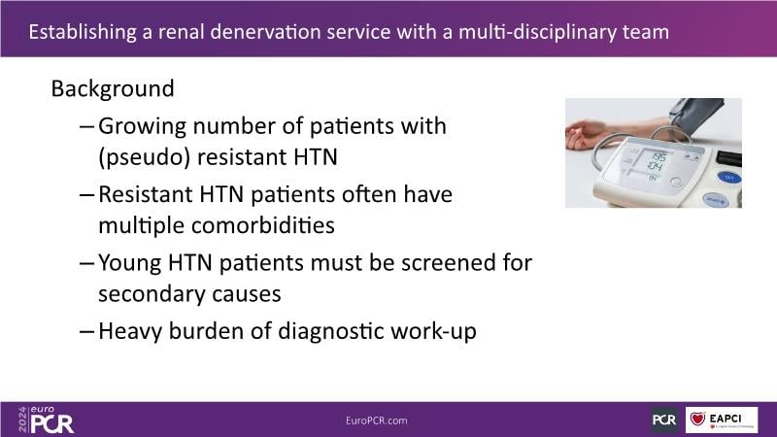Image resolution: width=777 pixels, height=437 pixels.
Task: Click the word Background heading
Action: point(113,89)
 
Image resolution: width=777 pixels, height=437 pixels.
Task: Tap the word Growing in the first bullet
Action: point(142,127)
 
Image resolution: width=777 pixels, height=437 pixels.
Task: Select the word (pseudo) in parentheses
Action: point(144,158)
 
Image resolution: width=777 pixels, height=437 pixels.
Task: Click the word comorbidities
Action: point(262,225)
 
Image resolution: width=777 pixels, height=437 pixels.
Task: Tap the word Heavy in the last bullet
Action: point(130,331)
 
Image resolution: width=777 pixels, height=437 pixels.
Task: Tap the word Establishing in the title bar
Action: point(83,33)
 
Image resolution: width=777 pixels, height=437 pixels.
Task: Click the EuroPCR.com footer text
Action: point(377,420)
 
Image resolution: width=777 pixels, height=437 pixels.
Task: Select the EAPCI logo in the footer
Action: point(722,420)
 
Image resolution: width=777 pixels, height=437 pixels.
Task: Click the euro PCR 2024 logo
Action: point(46,420)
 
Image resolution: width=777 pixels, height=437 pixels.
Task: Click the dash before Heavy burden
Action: point(86,332)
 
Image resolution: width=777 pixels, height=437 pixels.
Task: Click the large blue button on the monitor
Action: point(729,177)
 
